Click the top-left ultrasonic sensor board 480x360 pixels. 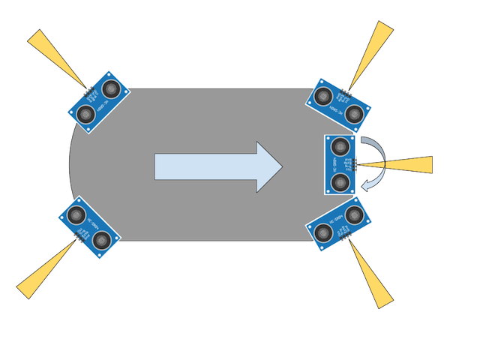point(98,101)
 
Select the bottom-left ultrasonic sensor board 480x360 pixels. point(88,228)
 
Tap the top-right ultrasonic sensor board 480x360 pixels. point(339,103)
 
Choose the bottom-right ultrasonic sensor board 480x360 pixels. point(340,225)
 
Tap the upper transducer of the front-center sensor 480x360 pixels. point(341,145)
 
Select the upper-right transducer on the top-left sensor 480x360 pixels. point(112,90)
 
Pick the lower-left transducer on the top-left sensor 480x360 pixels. point(85,114)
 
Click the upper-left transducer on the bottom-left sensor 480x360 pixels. point(75,215)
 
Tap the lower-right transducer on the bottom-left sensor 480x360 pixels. point(103,241)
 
